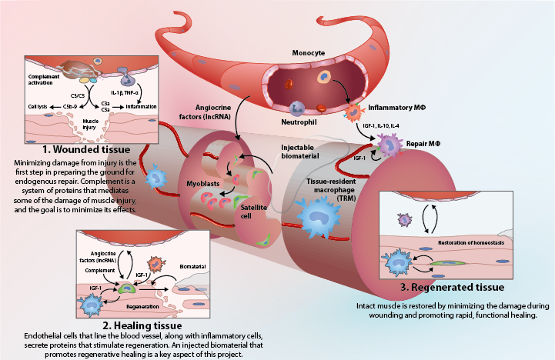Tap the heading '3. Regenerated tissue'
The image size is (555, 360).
coord(443,287)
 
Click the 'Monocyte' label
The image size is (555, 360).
coord(308,55)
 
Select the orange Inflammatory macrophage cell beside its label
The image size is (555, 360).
coord(356,109)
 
